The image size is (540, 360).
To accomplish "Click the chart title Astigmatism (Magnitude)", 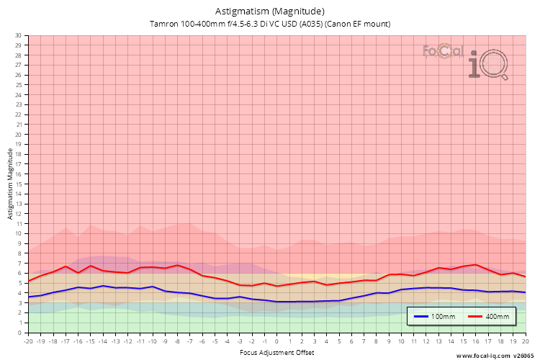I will pyautogui.click(x=270, y=11).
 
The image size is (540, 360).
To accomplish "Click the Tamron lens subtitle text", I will pyautogui.click(x=270, y=24).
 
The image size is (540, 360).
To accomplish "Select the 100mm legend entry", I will pyautogui.click(x=436, y=316).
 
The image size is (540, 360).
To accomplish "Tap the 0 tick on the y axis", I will pyautogui.click(x=20, y=333).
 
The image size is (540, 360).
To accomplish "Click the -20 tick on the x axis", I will pyautogui.click(x=29, y=341).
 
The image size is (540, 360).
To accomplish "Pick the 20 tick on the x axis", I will pyautogui.click(x=525, y=341).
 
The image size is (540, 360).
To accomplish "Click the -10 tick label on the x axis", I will pyautogui.click(x=153, y=341).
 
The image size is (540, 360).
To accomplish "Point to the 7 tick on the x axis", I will pyautogui.click(x=364, y=341).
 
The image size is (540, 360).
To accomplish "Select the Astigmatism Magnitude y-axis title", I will pyautogui.click(x=10, y=184).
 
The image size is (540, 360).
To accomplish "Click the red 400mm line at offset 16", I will pyautogui.click(x=476, y=264).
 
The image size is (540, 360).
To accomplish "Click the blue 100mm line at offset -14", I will pyautogui.click(x=103, y=286).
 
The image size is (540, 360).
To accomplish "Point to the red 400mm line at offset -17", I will pyautogui.click(x=66, y=266).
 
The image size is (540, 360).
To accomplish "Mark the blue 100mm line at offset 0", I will pyautogui.click(x=277, y=302).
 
